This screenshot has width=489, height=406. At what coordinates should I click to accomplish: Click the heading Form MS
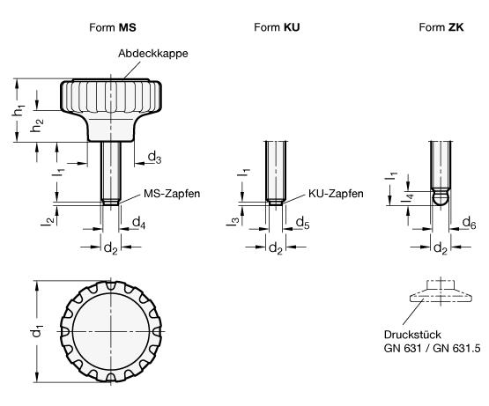113,27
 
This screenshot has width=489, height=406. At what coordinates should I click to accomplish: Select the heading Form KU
277,27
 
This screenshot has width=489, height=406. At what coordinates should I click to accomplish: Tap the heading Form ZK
441,27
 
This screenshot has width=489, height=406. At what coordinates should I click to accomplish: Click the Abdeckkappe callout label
153,54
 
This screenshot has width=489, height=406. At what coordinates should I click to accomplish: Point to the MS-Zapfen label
172,194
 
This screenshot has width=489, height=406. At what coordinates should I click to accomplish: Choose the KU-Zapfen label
336,194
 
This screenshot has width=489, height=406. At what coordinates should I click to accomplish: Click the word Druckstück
412,335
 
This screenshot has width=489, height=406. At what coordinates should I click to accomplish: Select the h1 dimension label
19,111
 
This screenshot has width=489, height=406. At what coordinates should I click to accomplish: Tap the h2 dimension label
37,125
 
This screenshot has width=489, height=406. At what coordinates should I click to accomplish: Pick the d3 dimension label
154,157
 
